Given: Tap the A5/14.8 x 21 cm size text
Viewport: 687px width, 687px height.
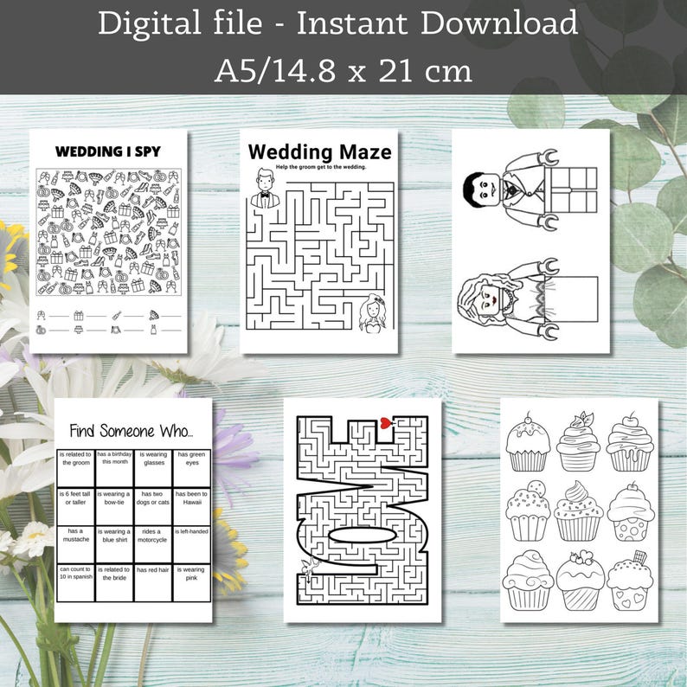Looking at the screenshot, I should (x=343, y=69).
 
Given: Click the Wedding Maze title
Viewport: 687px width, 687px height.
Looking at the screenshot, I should (x=319, y=152).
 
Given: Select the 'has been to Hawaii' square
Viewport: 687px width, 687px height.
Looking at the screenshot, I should (x=192, y=498).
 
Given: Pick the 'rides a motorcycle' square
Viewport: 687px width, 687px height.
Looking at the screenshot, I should (x=153, y=536).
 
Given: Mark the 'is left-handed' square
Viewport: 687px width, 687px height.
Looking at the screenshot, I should (x=192, y=535).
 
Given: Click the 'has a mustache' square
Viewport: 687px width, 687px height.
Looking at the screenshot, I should (x=74, y=536).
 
